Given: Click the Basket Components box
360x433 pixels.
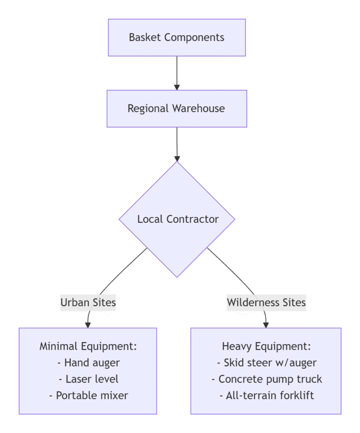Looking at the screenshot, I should pyautogui.click(x=177, y=37).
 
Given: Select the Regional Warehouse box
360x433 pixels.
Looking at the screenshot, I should pyautogui.click(x=177, y=109).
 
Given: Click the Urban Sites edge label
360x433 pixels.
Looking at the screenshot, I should pyautogui.click(x=88, y=303).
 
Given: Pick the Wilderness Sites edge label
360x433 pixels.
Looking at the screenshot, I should pyautogui.click(x=266, y=303).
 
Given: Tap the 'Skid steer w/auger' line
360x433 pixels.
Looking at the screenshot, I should pyautogui.click(x=270, y=362).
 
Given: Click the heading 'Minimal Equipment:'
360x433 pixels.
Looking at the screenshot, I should pyautogui.click(x=88, y=346).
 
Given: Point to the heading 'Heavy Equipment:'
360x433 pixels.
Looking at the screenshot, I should pyautogui.click(x=266, y=346).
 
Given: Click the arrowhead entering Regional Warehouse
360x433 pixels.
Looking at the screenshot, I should pyautogui.click(x=177, y=87).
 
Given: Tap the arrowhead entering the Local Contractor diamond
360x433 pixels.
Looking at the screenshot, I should pyautogui.click(x=177, y=159).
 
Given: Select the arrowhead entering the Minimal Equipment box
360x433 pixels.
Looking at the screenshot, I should pyautogui.click(x=88, y=325).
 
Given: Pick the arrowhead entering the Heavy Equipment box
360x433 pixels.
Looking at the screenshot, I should pyautogui.click(x=266, y=325).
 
